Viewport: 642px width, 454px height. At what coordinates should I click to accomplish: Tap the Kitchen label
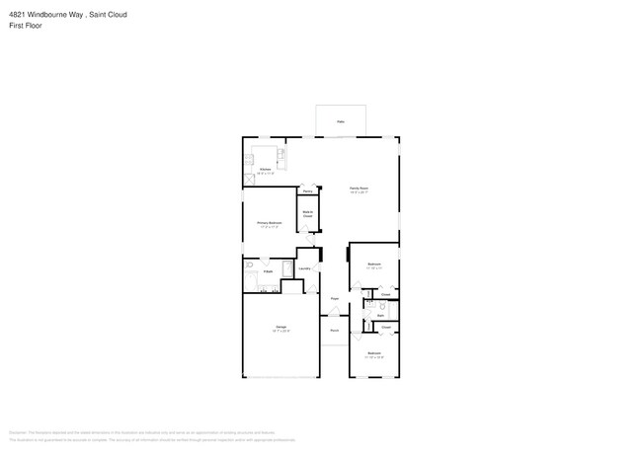(266, 171)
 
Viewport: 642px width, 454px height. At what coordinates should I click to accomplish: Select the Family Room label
(359, 189)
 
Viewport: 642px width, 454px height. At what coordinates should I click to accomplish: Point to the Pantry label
(308, 190)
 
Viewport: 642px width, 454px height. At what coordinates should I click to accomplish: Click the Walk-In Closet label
(308, 213)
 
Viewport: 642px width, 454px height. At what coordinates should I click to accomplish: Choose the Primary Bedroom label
(270, 225)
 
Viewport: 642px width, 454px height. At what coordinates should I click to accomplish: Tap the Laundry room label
(305, 268)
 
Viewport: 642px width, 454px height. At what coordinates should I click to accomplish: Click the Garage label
(281, 329)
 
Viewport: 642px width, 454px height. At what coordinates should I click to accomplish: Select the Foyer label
(335, 297)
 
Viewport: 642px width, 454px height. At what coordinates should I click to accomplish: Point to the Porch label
(335, 330)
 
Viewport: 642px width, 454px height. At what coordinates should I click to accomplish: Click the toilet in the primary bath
(249, 266)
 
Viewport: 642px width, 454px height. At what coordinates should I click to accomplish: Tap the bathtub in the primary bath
(287, 268)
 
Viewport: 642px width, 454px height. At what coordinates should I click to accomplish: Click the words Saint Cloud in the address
(108, 15)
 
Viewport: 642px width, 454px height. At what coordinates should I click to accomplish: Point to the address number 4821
(18, 15)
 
